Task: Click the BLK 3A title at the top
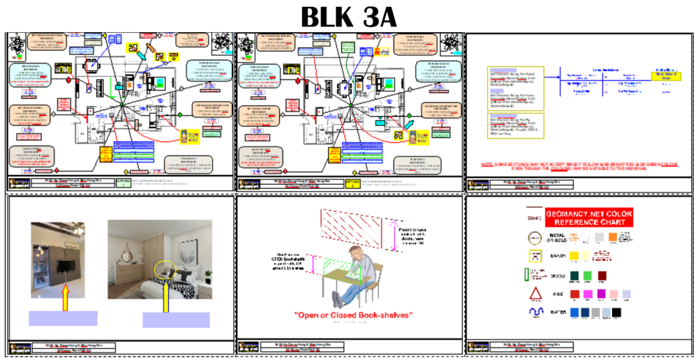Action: (348, 17)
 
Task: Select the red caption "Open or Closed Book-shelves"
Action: (352, 315)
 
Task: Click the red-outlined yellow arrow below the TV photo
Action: (65, 296)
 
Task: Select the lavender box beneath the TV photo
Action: (63, 318)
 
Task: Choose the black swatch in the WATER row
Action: (616, 312)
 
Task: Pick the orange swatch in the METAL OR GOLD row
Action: (611, 237)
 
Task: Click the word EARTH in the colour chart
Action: (557, 256)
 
